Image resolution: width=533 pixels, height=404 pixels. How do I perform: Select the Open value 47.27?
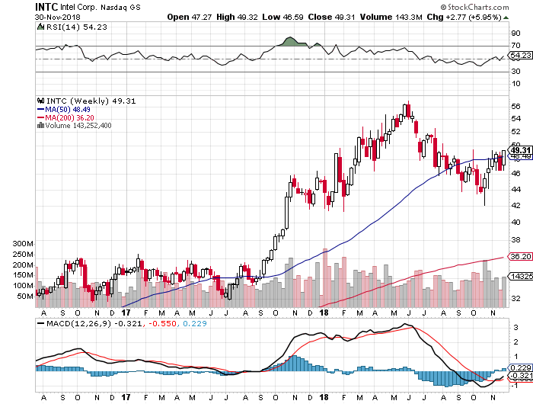pos(200,15)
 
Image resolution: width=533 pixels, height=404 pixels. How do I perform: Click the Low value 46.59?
pos(303,15)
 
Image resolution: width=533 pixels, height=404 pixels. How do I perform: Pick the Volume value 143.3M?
pos(404,15)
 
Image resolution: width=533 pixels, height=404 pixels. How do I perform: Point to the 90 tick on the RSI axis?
pos(515,34)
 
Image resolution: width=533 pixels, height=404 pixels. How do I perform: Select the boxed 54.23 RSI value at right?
pos(519,55)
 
